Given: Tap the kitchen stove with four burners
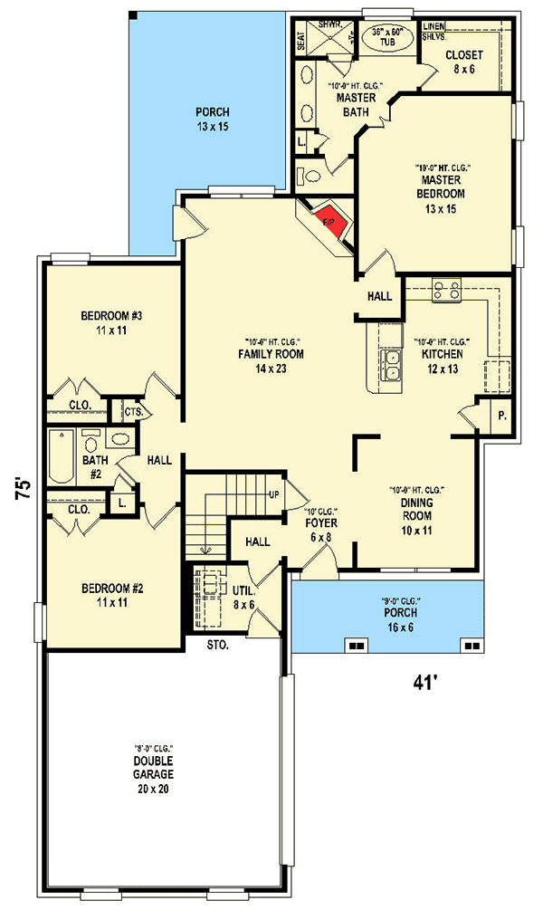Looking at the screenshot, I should pyautogui.click(x=446, y=291).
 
